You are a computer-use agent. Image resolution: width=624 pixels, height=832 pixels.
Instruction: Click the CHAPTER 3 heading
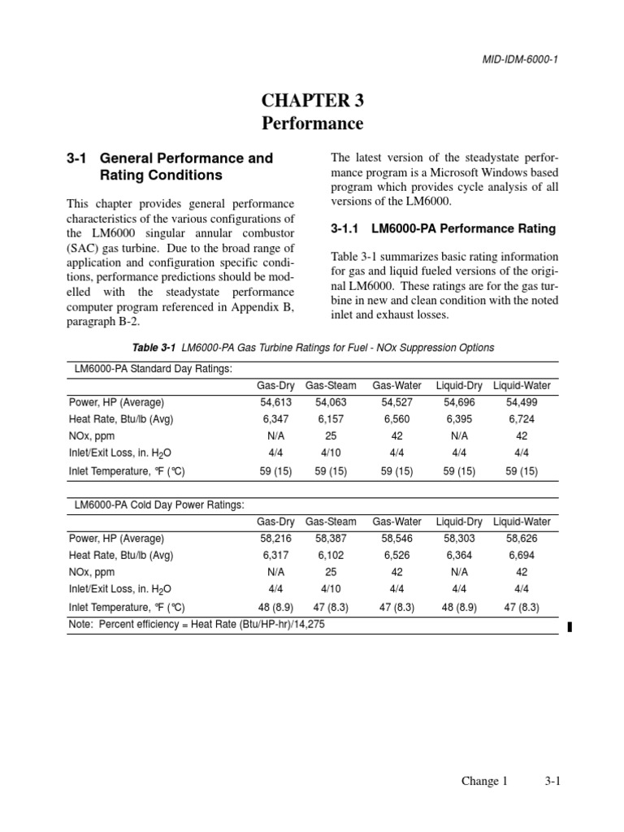312,101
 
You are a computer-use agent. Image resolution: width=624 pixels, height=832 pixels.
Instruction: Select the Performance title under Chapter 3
312,124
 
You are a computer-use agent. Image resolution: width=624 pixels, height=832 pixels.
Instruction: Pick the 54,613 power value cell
275,402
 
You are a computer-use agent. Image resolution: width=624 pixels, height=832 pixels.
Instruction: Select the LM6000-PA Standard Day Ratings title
153,369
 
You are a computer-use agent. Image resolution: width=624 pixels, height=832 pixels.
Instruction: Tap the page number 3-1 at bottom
553,781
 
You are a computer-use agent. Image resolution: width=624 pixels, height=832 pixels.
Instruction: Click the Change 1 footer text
484,781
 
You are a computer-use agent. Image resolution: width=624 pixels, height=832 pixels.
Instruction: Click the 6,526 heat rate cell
396,555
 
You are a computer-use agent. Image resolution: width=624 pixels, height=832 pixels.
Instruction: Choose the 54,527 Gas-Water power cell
396,402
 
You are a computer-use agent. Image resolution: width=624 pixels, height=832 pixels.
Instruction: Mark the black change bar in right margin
569,626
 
